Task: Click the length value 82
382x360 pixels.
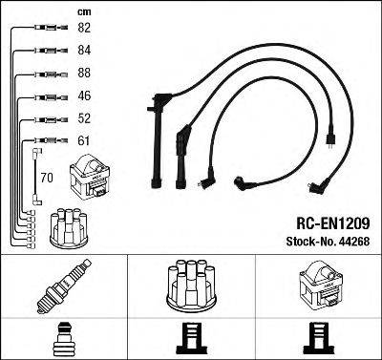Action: (x=84, y=28)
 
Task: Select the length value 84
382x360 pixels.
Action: (x=84, y=50)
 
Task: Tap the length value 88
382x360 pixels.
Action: (x=84, y=73)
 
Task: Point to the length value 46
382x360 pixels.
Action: (x=84, y=95)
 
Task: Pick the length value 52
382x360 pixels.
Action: (x=84, y=118)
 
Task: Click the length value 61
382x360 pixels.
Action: (x=84, y=140)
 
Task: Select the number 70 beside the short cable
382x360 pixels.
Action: (x=47, y=178)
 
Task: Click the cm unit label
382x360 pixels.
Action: (x=84, y=12)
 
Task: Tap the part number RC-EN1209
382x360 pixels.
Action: (x=333, y=223)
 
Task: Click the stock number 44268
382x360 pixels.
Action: (x=355, y=242)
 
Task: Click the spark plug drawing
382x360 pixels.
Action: (x=64, y=286)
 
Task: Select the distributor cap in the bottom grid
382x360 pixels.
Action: (x=191, y=286)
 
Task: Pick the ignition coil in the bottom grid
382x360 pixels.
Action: (x=320, y=286)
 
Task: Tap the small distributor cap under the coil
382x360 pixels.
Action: (x=69, y=228)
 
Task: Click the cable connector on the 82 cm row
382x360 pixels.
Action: (x=52, y=28)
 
